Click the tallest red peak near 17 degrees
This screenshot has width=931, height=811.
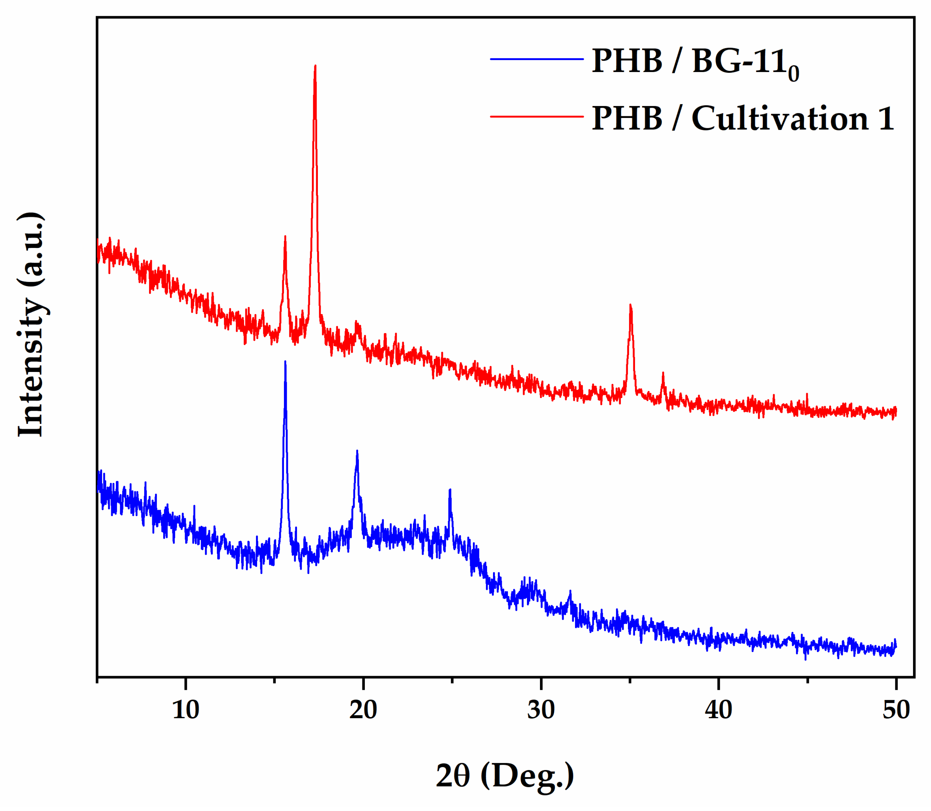[315, 67]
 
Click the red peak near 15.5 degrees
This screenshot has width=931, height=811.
[285, 237]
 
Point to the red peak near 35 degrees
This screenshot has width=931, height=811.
[630, 306]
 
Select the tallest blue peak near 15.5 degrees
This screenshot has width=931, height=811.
[285, 362]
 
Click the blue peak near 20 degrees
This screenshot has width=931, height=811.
[357, 452]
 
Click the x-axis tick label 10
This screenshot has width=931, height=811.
[185, 710]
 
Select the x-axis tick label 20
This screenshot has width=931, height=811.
[363, 710]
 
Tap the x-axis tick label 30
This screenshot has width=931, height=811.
[541, 710]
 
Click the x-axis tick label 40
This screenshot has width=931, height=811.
[718, 710]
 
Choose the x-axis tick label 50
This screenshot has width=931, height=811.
[896, 710]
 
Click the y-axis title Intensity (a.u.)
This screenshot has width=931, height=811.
[31, 325]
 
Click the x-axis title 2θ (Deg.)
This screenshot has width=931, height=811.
[505, 776]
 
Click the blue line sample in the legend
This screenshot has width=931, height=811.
[537, 59]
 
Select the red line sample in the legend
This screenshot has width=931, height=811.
[537, 117]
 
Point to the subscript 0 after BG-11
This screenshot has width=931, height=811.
[793, 74]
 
